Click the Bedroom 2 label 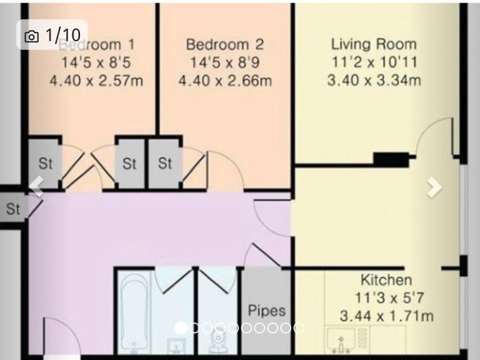225,44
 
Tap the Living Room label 374,44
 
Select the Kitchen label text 386,280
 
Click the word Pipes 267,311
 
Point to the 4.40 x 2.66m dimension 225,81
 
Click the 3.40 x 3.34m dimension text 374,80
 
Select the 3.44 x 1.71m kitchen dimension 387,316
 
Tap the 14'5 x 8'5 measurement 96,62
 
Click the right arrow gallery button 435,187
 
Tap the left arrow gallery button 37,186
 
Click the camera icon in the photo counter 31,36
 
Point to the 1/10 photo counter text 63,35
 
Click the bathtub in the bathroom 134,313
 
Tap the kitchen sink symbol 341,340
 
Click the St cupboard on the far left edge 14,209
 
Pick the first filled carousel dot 181,328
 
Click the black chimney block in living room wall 391,159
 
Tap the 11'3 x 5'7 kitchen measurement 389,297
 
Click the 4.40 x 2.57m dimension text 96,81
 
